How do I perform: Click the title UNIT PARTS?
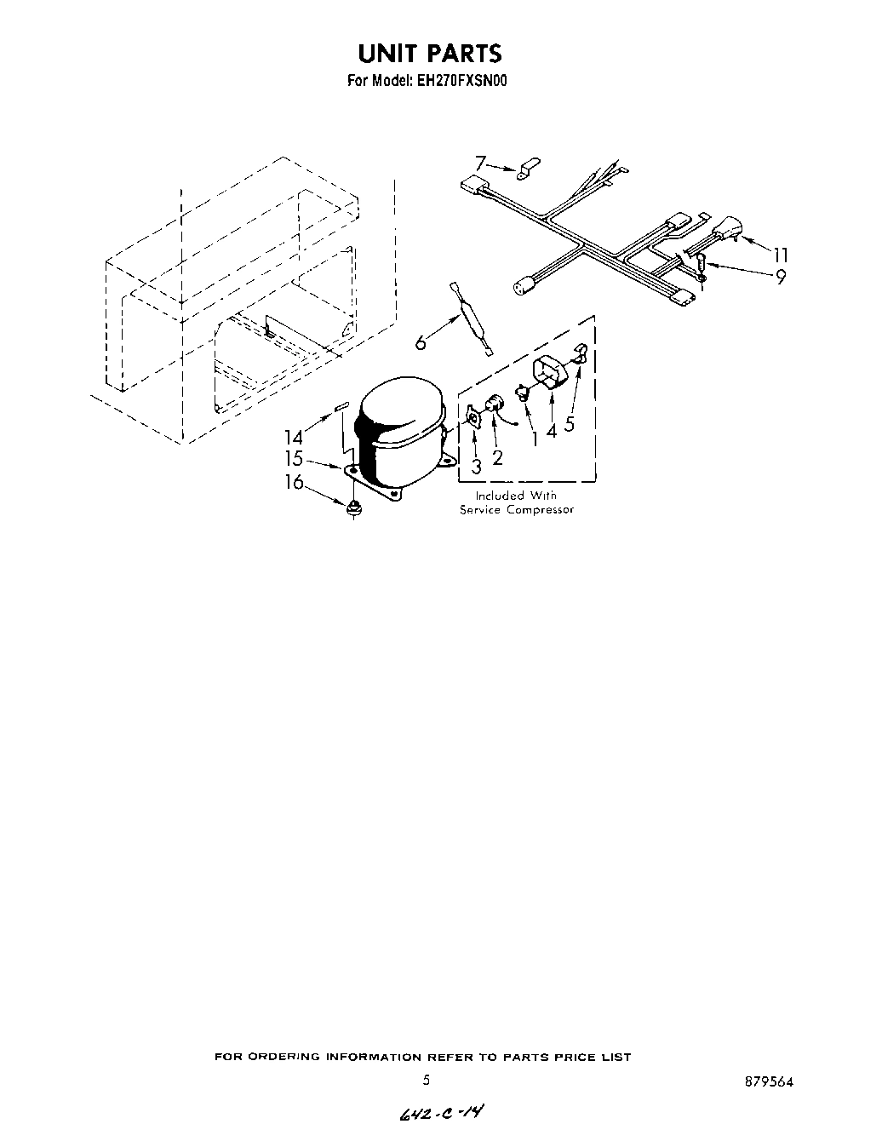point(429,53)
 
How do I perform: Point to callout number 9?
point(779,275)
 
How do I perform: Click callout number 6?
point(421,342)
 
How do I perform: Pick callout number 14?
point(293,437)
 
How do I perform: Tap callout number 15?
point(293,459)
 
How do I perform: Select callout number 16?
point(293,483)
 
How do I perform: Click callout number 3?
point(476,466)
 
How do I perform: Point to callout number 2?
point(497,457)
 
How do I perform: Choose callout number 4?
point(552,431)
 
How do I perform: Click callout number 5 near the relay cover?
point(570,424)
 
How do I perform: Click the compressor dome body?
point(400,426)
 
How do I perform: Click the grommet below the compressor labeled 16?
point(352,508)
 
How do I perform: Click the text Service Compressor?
point(516,510)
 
